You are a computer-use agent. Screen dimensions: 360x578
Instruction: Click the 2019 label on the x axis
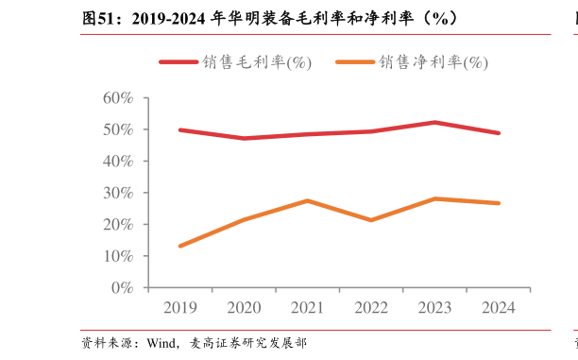(180, 308)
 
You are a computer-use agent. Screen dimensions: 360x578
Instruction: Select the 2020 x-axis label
(244, 308)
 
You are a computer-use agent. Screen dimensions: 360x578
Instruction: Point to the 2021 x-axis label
(307, 308)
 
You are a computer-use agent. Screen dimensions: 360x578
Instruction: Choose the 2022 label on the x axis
(371, 308)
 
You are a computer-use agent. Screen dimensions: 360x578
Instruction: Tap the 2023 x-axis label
(434, 308)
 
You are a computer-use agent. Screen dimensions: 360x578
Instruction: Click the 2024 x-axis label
(498, 308)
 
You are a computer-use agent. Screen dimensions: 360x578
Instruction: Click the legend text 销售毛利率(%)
(256, 62)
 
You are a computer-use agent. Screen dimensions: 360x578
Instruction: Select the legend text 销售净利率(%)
(433, 62)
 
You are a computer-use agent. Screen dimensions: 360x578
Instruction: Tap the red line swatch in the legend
(178, 62)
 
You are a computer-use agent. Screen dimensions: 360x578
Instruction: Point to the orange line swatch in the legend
(355, 62)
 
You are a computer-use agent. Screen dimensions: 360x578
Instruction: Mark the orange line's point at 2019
(180, 246)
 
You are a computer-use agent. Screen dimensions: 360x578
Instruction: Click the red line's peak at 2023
(434, 122)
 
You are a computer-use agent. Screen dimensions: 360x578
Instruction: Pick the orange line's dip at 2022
(371, 220)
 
